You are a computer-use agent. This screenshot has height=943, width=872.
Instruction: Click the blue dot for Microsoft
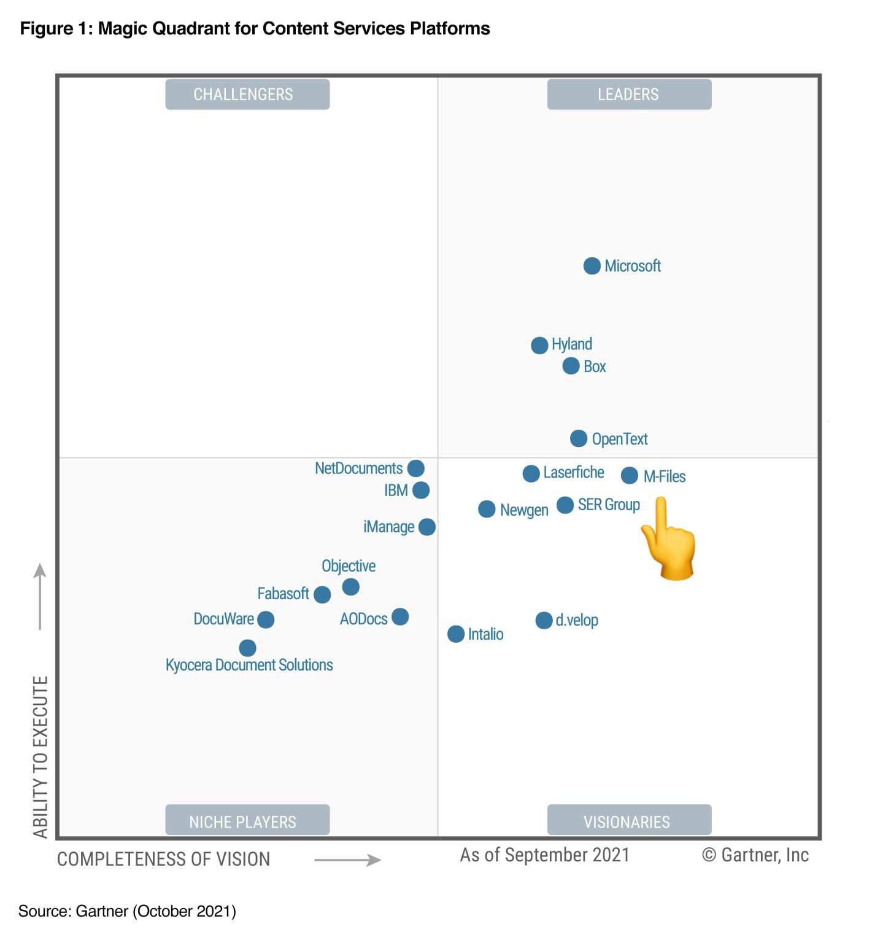592,266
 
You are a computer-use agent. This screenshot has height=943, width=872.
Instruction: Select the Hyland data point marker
539,345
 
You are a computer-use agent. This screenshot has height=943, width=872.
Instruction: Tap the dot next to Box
571,366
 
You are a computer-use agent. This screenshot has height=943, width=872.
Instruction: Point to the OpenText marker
578,438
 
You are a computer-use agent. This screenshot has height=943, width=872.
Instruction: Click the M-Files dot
629,475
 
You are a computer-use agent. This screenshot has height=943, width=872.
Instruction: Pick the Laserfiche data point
531,473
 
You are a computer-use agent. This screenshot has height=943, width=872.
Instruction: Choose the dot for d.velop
544,620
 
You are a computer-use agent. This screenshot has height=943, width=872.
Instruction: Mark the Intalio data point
456,634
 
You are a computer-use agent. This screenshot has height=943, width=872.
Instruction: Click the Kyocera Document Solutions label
249,665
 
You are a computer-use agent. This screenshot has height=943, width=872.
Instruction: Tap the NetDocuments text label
358,468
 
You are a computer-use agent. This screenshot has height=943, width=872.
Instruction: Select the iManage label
388,527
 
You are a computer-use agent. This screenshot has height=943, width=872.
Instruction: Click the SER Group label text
609,505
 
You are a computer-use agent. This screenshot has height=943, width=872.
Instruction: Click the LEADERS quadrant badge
629,95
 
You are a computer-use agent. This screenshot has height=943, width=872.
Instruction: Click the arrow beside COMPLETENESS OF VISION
348,860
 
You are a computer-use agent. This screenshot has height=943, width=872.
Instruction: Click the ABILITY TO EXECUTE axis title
41,756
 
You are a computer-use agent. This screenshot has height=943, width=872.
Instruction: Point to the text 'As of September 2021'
545,855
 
